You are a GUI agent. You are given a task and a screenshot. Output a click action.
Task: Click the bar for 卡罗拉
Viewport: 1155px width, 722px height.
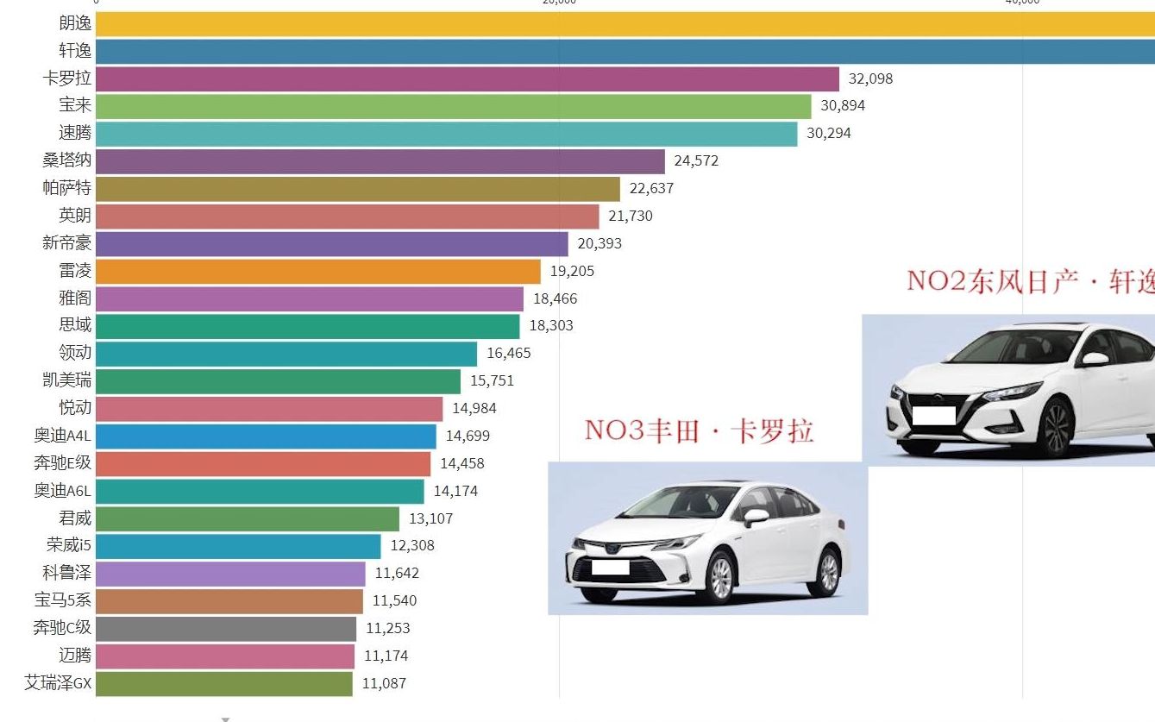click(x=467, y=78)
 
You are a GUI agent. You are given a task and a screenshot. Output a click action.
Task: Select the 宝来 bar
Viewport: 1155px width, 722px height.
click(x=453, y=106)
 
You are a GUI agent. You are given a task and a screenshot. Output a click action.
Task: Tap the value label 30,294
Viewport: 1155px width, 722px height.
click(x=828, y=134)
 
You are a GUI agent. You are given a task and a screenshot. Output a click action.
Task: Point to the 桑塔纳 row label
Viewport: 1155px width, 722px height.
click(x=67, y=160)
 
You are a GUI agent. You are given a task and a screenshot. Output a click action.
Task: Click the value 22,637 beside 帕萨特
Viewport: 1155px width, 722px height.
click(x=651, y=188)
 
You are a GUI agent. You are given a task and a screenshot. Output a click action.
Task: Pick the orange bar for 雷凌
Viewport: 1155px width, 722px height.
click(x=317, y=271)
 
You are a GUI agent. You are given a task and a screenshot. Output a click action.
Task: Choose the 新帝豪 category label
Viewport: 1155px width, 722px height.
click(x=67, y=243)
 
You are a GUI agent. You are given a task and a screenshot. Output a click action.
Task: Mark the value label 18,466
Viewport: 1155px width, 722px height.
click(x=555, y=299)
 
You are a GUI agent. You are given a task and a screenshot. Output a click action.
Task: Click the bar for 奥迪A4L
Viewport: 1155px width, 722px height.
click(x=266, y=436)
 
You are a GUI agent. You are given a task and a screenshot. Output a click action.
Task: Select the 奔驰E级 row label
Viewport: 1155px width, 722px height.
click(x=62, y=463)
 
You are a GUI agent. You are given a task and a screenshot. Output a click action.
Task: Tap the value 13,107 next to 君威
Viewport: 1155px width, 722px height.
click(x=430, y=518)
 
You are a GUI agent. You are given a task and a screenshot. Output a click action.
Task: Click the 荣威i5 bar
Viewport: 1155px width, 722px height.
click(x=238, y=546)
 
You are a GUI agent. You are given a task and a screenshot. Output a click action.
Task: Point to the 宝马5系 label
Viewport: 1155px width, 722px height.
click(x=62, y=600)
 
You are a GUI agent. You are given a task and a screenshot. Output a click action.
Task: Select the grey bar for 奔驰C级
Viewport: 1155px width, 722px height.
click(x=225, y=628)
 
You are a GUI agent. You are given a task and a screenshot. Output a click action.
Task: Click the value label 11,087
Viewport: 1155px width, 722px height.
click(x=384, y=683)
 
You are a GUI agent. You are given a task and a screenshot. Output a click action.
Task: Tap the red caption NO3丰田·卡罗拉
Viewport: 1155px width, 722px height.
click(x=699, y=430)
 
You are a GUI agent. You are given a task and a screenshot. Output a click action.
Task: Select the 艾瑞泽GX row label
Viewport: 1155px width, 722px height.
click(x=58, y=683)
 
